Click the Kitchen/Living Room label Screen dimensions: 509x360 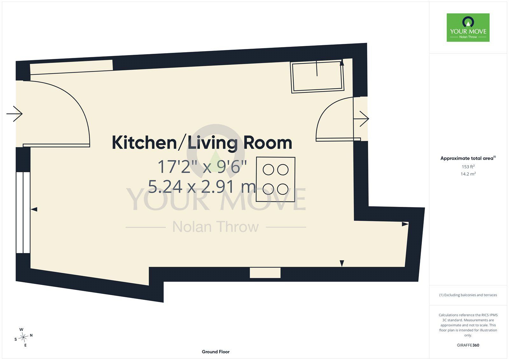point(202,143)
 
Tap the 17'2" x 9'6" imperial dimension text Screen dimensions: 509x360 point(202,167)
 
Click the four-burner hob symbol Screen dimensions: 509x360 point(275,180)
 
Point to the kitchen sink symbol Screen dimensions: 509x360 point(317,76)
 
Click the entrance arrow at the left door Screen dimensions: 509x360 point(14,114)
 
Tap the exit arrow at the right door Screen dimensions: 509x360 point(361,119)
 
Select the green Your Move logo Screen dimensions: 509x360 point(468,27)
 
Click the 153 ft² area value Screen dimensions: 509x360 point(468,166)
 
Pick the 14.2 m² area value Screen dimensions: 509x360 point(468,174)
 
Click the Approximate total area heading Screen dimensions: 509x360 point(468,158)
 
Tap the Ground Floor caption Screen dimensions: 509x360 point(216,352)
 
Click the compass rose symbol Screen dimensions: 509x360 point(24,337)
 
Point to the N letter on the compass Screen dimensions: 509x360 point(31,335)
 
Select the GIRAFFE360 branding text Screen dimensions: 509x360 point(468,345)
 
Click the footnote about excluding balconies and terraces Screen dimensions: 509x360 point(468,295)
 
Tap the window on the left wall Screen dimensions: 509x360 point(23,213)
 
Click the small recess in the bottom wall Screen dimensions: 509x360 point(265,272)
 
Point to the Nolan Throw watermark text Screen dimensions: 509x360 point(215,227)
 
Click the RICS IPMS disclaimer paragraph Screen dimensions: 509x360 point(468,325)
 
